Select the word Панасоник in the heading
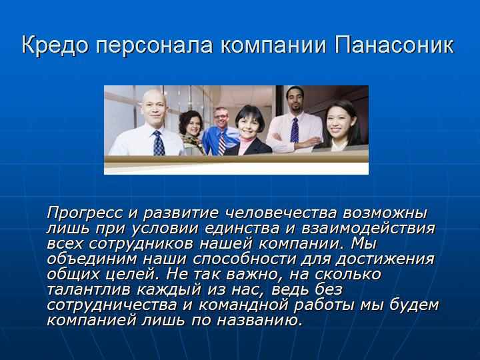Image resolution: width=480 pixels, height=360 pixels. [x=394, y=45]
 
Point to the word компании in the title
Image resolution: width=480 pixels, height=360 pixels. [x=274, y=45]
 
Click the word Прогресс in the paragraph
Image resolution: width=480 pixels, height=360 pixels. [x=85, y=213]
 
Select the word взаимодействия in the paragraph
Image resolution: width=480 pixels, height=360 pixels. [x=368, y=229]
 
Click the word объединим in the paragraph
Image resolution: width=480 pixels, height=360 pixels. [x=92, y=259]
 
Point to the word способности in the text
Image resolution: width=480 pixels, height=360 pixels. [x=245, y=259]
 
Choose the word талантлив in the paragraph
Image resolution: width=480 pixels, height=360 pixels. [x=89, y=289]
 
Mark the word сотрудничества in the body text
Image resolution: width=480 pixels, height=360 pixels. [x=112, y=305]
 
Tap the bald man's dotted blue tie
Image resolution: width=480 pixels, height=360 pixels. [x=158, y=143]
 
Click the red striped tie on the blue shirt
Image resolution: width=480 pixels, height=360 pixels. [x=222, y=143]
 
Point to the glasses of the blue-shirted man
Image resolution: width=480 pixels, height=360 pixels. [x=221, y=116]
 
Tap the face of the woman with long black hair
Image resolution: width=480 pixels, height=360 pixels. [x=337, y=121]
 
